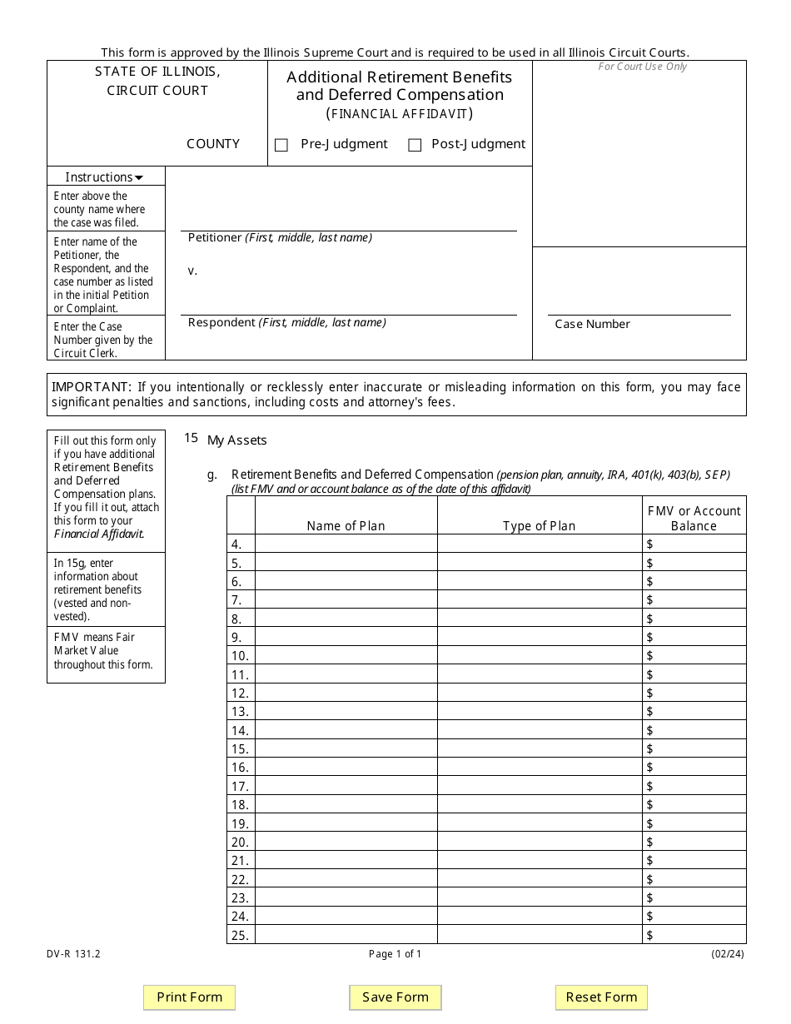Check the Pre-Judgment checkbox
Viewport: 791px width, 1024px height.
coord(281,145)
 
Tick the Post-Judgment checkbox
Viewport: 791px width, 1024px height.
coord(415,145)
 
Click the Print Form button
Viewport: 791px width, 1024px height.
coord(190,997)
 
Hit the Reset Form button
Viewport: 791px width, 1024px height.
coord(601,997)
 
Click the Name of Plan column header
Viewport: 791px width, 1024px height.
coord(346,525)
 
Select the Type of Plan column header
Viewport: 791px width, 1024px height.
coord(539,525)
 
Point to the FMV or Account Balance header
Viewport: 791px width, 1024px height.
coord(694,518)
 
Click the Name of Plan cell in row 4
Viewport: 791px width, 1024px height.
coord(346,544)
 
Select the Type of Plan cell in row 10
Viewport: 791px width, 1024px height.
coord(539,655)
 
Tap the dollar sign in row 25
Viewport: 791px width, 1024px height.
coord(649,935)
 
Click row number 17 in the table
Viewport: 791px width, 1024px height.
coord(240,786)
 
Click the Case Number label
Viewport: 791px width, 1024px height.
coord(592,324)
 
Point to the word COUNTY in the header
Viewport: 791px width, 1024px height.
coord(213,144)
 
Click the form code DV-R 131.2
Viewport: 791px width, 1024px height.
coord(73,954)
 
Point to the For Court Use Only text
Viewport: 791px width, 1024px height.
coord(642,67)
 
